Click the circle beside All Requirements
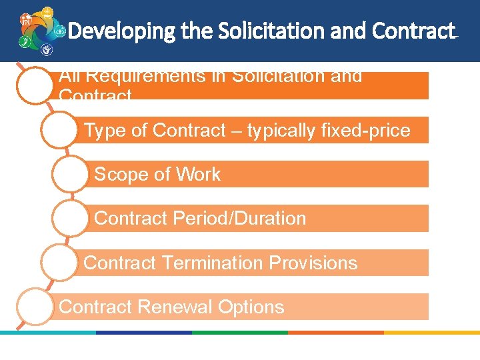pyautogui.click(x=34, y=85)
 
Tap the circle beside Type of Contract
pyautogui.click(x=59, y=130)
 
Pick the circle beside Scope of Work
pyautogui.click(x=70, y=174)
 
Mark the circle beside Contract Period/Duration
pyautogui.click(x=70, y=218)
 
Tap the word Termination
pyautogui.click(x=207, y=263)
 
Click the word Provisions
pyautogui.click(x=313, y=263)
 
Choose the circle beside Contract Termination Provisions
pyautogui.click(x=59, y=262)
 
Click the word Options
pyautogui.click(x=251, y=307)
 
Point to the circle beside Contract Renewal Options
pyautogui.click(x=34, y=306)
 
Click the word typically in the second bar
pyautogui.click(x=286, y=131)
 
